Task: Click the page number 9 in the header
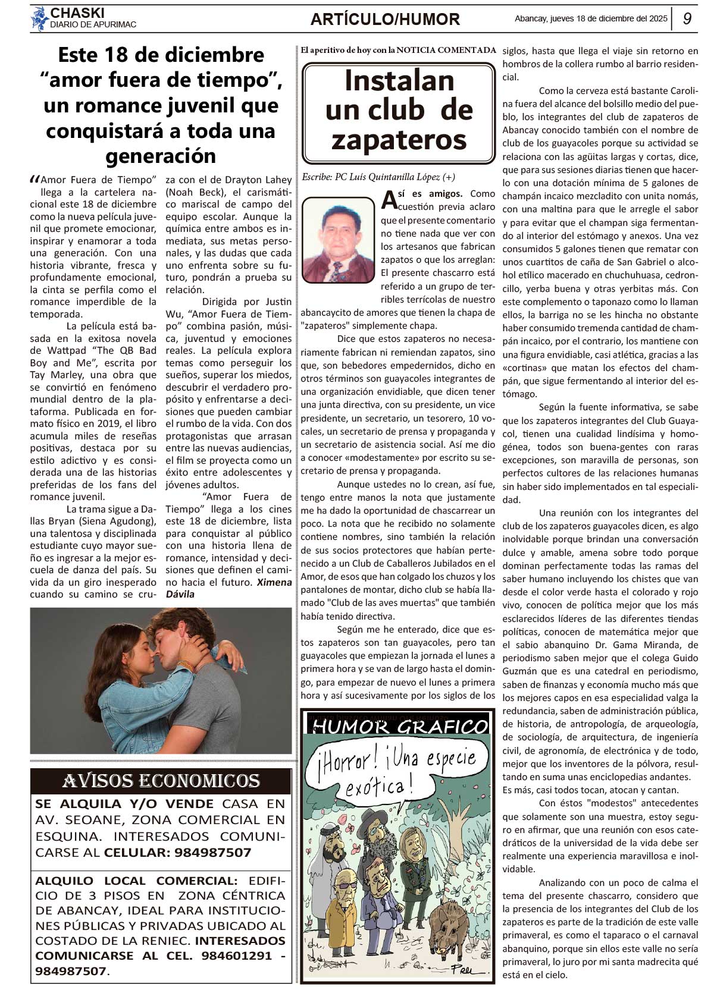pos(687,18)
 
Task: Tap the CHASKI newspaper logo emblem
pos(39,18)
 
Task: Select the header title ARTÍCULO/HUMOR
pos(385,20)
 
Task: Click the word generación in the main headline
pos(161,156)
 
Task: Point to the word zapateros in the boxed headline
pos(399,140)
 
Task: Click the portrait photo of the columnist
pos(338,240)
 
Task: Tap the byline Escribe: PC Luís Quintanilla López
pos(378,177)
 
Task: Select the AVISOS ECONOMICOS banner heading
pos(161,781)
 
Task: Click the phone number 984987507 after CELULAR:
pos(213,852)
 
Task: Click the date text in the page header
pos(591,18)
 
